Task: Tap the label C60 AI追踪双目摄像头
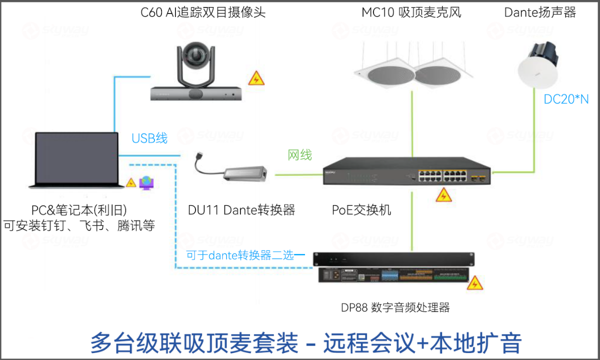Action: click(x=203, y=12)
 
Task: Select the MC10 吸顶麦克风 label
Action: click(x=411, y=12)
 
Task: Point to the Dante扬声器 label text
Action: click(x=540, y=12)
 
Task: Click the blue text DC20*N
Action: click(x=566, y=99)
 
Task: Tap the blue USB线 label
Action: click(x=149, y=138)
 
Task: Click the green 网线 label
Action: click(x=300, y=155)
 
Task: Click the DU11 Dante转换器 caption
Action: click(x=241, y=210)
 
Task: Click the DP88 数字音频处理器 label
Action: click(x=395, y=307)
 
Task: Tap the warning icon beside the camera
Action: click(x=256, y=78)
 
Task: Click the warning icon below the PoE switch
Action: click(x=443, y=195)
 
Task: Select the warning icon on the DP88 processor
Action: click(x=474, y=283)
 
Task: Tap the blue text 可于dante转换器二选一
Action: click(x=245, y=255)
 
